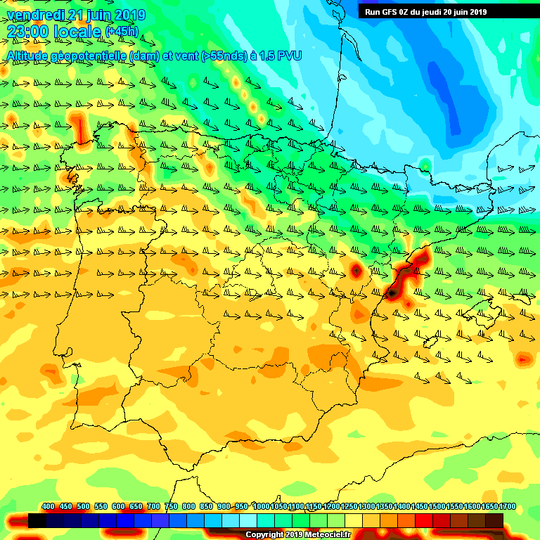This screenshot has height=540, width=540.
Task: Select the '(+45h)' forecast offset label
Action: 122,32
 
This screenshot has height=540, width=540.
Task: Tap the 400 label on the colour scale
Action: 48,507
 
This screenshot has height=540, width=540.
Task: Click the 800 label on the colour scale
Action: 188,507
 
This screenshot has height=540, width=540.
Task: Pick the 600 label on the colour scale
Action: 118,507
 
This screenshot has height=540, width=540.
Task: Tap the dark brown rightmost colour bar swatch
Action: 494,521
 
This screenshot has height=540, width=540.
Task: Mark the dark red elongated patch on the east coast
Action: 404,276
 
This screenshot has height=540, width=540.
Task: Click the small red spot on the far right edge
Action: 522,359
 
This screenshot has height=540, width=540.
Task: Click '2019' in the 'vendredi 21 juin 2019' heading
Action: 129,15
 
